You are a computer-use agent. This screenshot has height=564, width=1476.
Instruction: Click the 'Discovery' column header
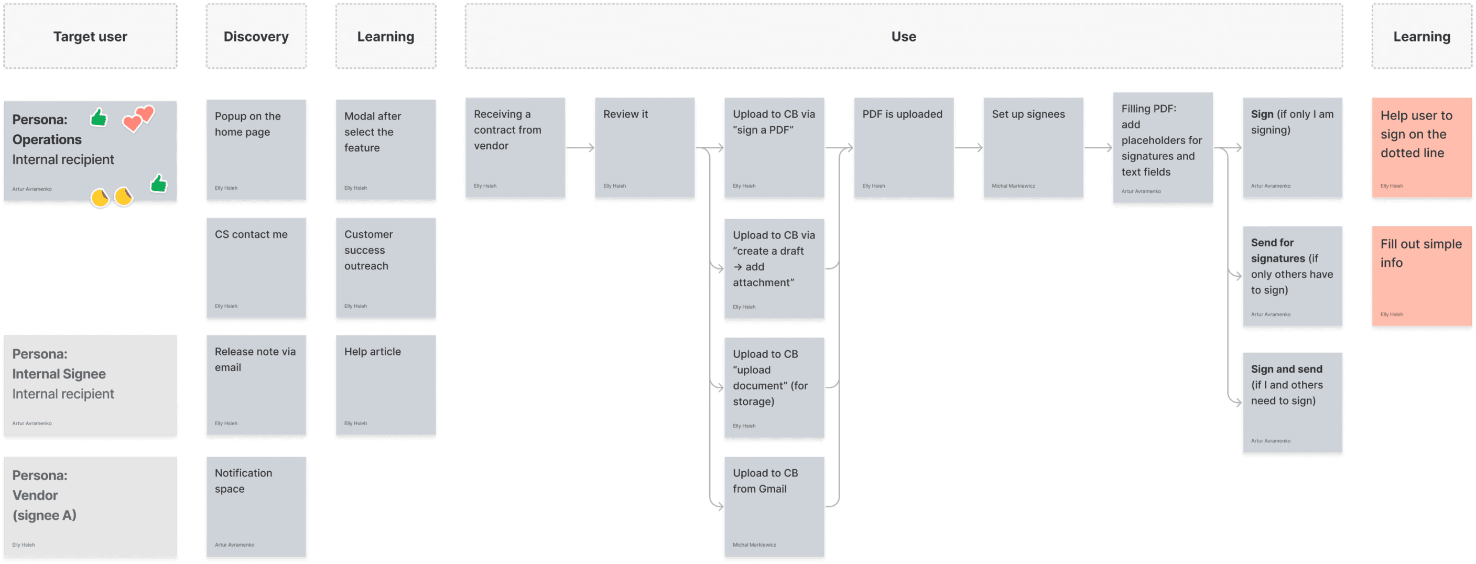click(x=256, y=36)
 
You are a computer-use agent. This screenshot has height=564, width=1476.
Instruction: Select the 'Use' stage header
click(x=903, y=36)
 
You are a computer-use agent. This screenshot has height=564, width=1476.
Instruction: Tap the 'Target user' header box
click(x=90, y=36)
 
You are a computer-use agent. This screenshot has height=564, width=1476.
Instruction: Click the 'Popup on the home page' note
click(x=256, y=149)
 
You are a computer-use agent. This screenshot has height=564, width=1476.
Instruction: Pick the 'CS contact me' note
click(x=256, y=268)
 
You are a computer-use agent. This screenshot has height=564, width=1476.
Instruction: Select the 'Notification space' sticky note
click(x=256, y=507)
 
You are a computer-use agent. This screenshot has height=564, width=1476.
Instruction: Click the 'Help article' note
click(x=386, y=385)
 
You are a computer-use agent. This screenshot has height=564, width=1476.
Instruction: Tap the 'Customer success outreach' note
click(x=386, y=268)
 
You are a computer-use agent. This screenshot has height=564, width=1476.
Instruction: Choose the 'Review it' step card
click(x=645, y=147)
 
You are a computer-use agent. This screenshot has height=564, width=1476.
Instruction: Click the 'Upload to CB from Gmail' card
click(x=774, y=507)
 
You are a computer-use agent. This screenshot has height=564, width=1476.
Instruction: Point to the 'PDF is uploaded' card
click(x=904, y=147)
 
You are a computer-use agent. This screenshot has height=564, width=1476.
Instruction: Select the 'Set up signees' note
click(x=1033, y=147)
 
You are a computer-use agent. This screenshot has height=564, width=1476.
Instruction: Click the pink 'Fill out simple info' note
click(x=1421, y=276)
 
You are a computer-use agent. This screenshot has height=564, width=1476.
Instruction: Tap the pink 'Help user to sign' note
click(x=1421, y=147)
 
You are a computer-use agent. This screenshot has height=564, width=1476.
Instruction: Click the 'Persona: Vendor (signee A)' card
click(x=90, y=507)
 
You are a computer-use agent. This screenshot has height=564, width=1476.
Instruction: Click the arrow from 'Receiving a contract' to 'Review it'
click(x=580, y=148)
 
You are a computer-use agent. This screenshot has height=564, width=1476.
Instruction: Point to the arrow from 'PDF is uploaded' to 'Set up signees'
click(x=968, y=148)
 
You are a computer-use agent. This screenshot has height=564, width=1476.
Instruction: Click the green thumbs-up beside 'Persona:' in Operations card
click(x=99, y=117)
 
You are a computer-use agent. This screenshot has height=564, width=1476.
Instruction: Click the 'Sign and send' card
click(x=1292, y=403)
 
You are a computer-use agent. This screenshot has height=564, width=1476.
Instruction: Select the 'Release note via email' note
click(x=256, y=385)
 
